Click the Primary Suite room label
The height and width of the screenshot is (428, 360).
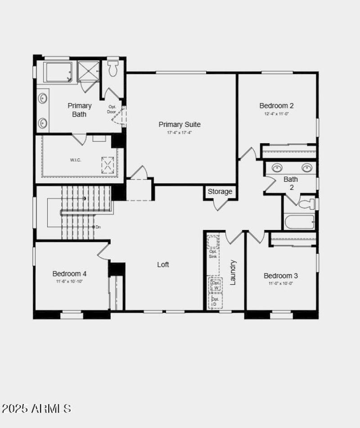(180, 124)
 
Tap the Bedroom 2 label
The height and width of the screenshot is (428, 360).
(276, 106)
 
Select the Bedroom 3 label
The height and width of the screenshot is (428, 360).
(281, 275)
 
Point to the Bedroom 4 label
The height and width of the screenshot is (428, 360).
(69, 274)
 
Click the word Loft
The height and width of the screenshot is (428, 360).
(163, 265)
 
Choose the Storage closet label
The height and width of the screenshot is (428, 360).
(220, 192)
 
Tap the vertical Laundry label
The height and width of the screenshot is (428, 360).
(233, 272)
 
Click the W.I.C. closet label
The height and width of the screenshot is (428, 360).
(75, 160)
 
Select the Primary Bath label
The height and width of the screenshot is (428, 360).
(80, 110)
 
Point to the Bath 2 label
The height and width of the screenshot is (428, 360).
(291, 183)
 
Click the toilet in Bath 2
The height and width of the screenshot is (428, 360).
(308, 204)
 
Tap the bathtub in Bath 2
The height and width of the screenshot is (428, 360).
(300, 222)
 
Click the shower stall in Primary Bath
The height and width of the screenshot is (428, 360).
(88, 71)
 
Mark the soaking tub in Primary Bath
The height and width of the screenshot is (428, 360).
(58, 72)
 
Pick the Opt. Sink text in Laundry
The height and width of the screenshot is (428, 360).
(213, 254)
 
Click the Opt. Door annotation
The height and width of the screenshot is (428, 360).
(112, 109)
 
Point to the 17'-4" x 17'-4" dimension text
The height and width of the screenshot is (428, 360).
(180, 133)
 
